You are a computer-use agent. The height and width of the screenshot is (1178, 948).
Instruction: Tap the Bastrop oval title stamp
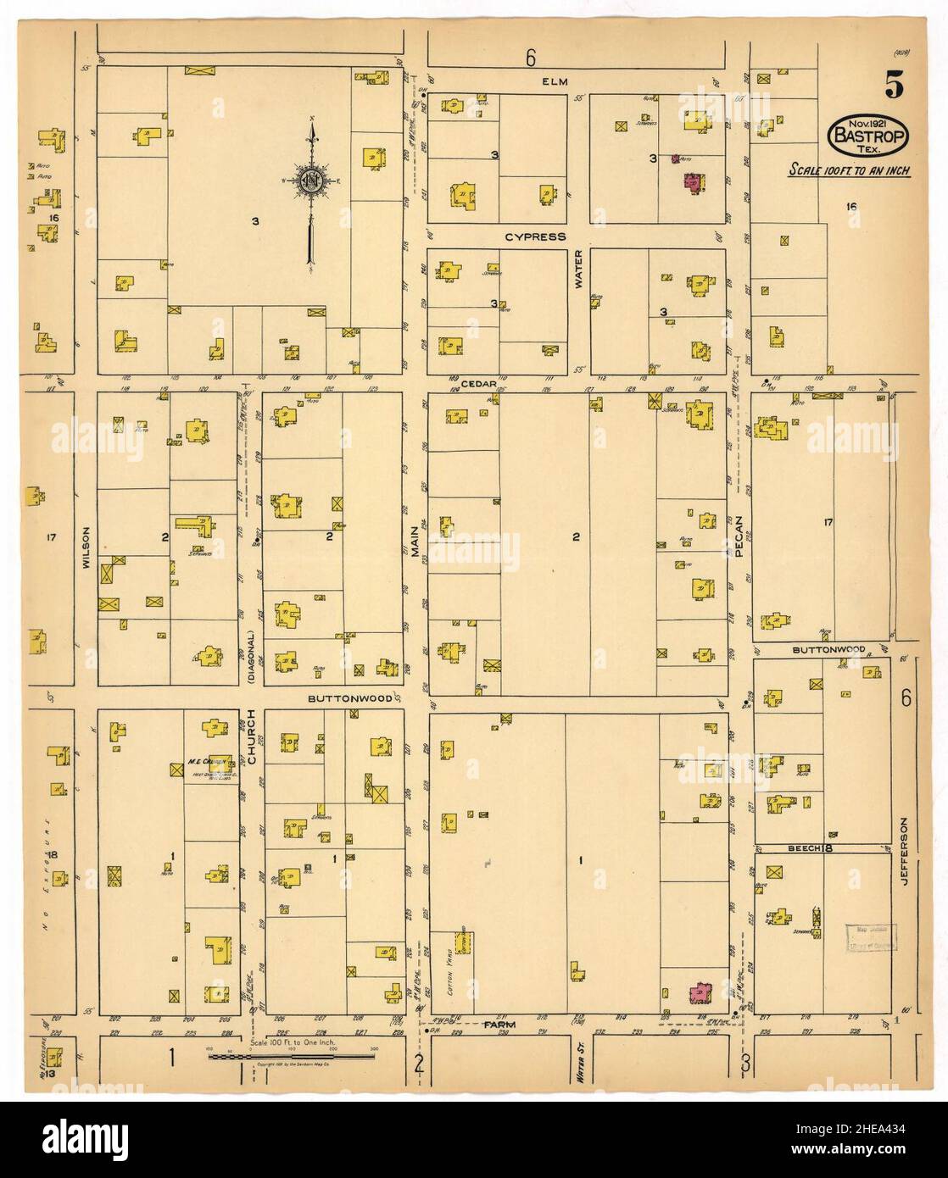point(870,134)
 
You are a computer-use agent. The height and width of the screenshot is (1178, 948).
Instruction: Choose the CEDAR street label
point(479,383)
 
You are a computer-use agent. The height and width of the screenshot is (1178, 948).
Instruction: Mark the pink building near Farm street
point(700,992)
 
